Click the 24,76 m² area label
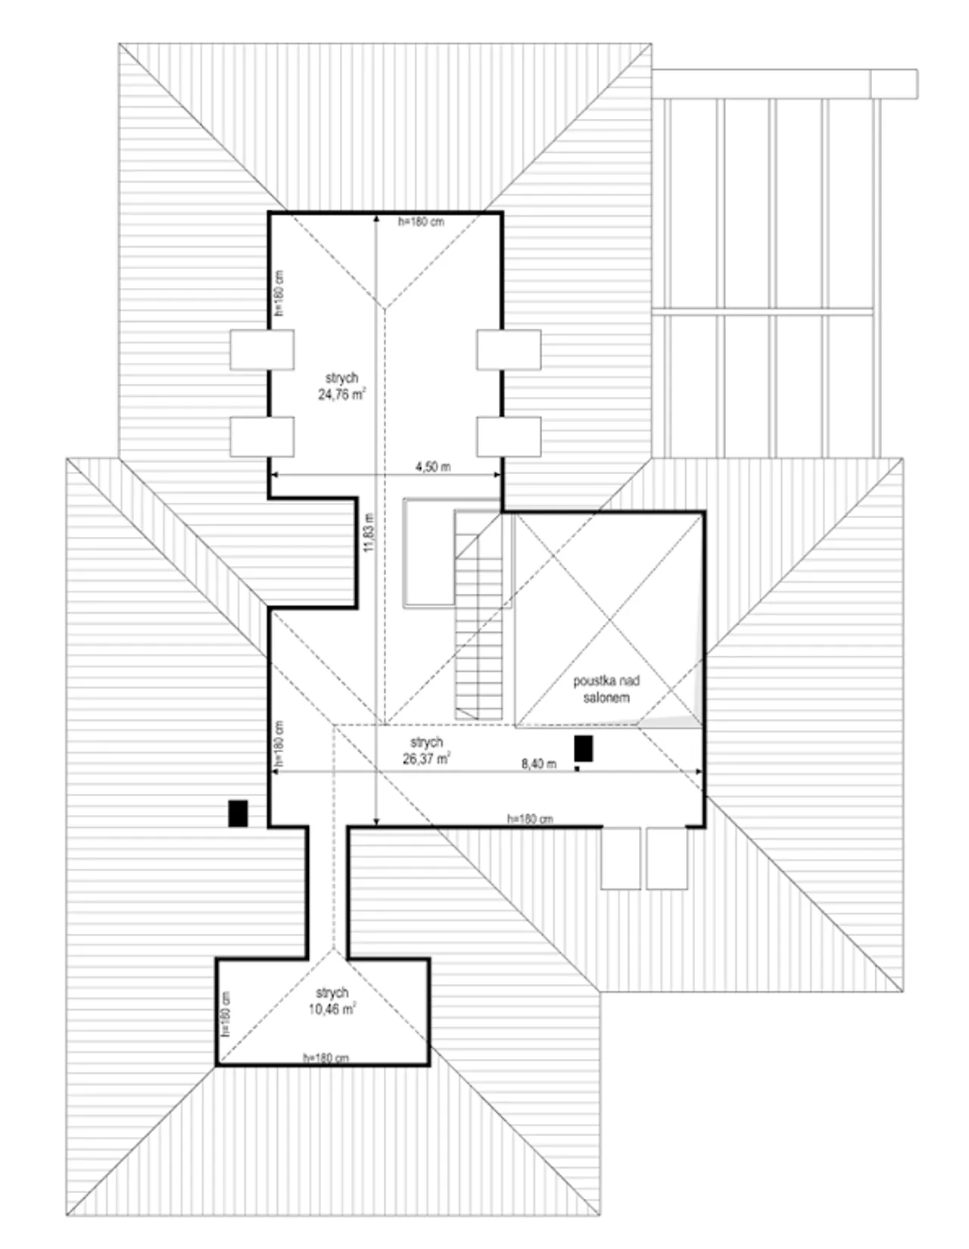[342, 395]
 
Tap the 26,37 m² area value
[426, 759]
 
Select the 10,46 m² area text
[332, 1009]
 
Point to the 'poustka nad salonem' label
[606, 689]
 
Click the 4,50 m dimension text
[433, 467]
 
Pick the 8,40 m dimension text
[539, 764]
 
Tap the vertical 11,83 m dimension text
[369, 532]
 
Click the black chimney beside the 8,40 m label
[584, 748]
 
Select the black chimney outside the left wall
[238, 813]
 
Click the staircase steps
[478, 616]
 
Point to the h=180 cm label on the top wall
[421, 222]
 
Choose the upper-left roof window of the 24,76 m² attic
[262, 349]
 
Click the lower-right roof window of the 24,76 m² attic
[509, 437]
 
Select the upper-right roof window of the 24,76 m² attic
[509, 349]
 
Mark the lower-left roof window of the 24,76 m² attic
[262, 437]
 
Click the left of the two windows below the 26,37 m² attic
[621, 859]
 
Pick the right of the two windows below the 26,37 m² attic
[667, 859]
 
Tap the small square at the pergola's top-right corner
[894, 84]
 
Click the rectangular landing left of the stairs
[430, 552]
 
